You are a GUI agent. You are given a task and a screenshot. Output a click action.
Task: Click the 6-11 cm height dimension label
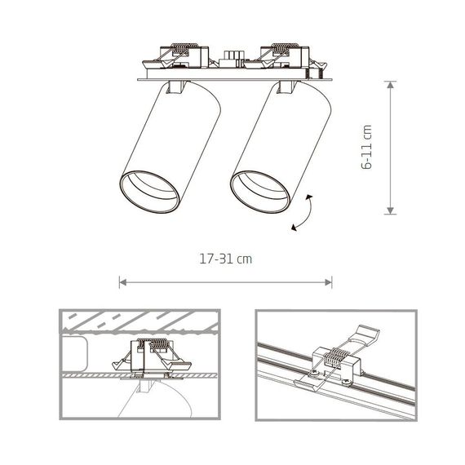pyautogui.click(x=368, y=148)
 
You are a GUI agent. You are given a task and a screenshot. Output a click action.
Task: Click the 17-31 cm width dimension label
pyautogui.click(x=225, y=259)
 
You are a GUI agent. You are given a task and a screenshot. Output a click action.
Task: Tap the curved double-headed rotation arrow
pyautogui.click(x=304, y=214)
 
